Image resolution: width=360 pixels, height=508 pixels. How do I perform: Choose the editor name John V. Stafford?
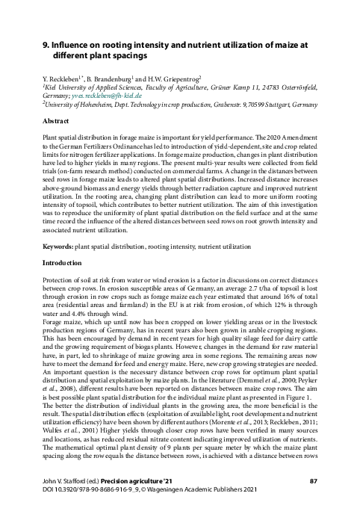[63, 480]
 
